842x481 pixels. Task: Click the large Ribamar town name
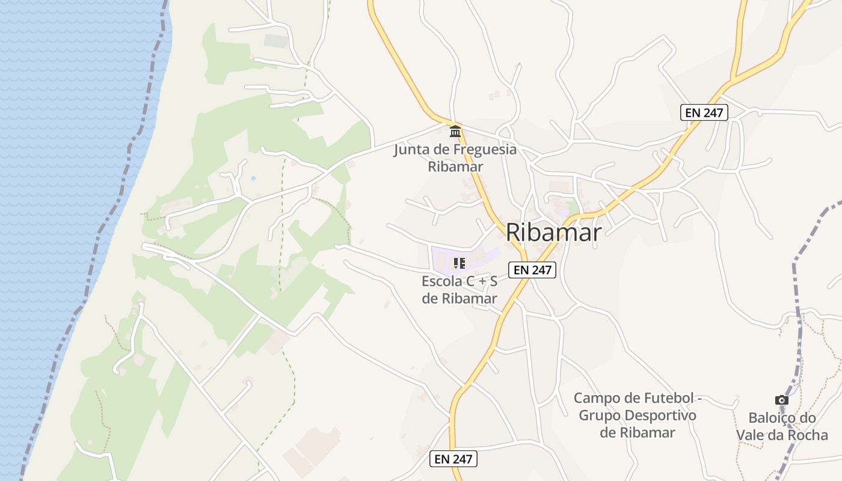(x=553, y=233)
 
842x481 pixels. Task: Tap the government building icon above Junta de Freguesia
(x=455, y=131)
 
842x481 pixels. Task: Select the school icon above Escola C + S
(x=459, y=263)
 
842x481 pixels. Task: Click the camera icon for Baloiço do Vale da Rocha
(x=781, y=400)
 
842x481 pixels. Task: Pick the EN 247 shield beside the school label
(x=532, y=270)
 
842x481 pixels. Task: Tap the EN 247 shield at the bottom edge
(x=454, y=459)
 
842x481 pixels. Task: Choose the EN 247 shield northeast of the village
(x=704, y=112)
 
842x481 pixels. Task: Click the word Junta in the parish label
(x=411, y=149)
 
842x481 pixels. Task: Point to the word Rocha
(x=808, y=435)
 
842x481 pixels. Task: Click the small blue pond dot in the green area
(x=253, y=179)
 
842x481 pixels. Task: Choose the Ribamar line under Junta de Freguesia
(x=455, y=166)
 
